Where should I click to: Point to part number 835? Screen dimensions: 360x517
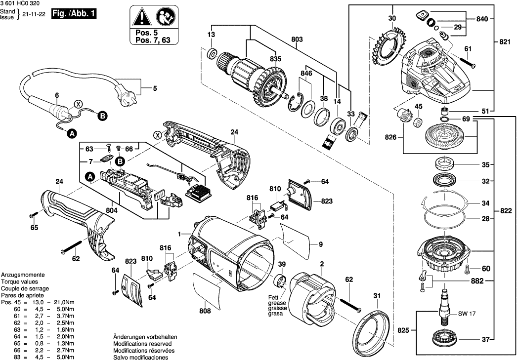coord(276,59)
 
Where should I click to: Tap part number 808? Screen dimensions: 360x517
coord(205,311)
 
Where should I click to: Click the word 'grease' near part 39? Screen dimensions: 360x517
coord(276,303)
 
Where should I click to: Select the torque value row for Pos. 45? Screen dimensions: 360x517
coord(38,308)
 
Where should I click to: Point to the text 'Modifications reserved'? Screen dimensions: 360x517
coord(142,343)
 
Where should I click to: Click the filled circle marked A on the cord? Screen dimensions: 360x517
coord(72,133)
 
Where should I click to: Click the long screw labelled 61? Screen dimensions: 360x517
coord(468,62)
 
